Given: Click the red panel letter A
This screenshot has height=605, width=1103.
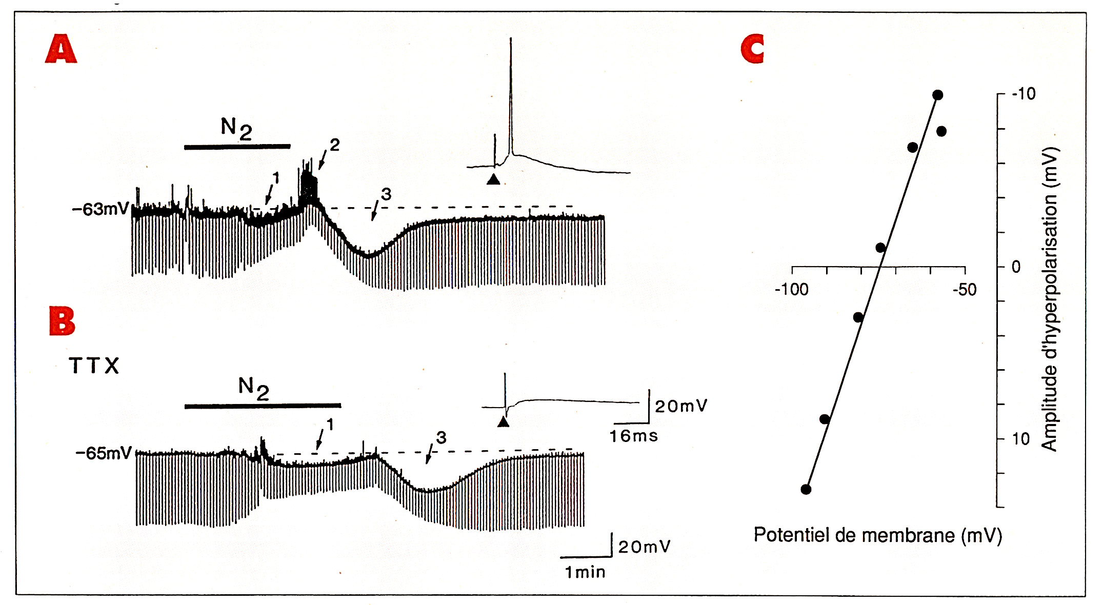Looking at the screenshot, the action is (61, 49).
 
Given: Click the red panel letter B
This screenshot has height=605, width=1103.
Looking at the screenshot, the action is (62, 321).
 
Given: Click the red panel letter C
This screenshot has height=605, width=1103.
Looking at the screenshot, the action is (753, 49).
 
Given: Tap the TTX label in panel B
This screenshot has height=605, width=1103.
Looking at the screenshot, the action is (94, 366).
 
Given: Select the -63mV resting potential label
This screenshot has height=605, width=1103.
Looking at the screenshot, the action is (101, 209).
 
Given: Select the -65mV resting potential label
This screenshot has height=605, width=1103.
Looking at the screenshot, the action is (104, 453).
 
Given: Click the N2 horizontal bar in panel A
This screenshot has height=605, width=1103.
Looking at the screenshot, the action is (237, 147).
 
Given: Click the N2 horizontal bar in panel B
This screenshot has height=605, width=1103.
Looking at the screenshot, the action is (263, 406).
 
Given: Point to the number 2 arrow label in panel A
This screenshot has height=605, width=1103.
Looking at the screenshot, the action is (335, 145).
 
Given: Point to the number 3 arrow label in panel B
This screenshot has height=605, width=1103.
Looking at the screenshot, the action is (442, 437).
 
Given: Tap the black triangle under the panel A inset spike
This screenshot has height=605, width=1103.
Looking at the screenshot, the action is (493, 179).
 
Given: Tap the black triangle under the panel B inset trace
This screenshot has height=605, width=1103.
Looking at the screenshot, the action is (504, 421).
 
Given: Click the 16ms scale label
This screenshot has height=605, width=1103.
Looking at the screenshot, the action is (634, 436).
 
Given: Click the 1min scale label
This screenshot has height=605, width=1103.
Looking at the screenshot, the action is (585, 572).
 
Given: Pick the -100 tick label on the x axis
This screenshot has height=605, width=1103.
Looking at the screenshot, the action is (792, 290).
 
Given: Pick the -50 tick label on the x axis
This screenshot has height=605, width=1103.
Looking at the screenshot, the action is (965, 290).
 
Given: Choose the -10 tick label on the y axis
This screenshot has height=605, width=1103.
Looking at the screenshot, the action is (1024, 94).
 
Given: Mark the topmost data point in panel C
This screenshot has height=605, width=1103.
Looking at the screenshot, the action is (938, 95).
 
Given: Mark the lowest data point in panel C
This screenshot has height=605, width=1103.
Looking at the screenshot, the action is (806, 489).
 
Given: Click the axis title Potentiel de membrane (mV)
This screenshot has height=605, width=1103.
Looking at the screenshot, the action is (878, 535).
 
